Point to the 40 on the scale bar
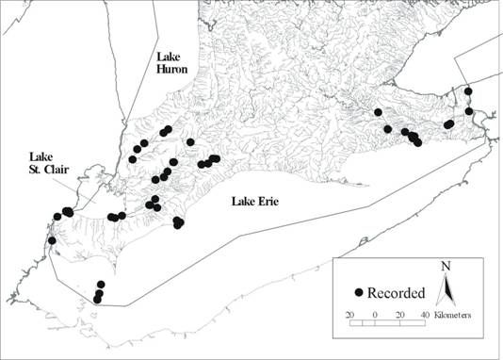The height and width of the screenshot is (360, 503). point(425,313)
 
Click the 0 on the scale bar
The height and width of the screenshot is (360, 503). point(375,313)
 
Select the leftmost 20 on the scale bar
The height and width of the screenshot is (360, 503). point(349,313)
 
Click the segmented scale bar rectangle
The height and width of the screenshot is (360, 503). point(387,323)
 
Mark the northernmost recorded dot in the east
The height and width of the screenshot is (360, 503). point(468,90)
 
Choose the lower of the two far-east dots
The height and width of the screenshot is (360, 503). point(468,111)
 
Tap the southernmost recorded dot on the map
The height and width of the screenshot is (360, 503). point(97,300)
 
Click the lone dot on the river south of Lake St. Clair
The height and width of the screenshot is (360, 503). point(52,240)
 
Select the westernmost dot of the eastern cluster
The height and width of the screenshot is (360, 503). point(378,112)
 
